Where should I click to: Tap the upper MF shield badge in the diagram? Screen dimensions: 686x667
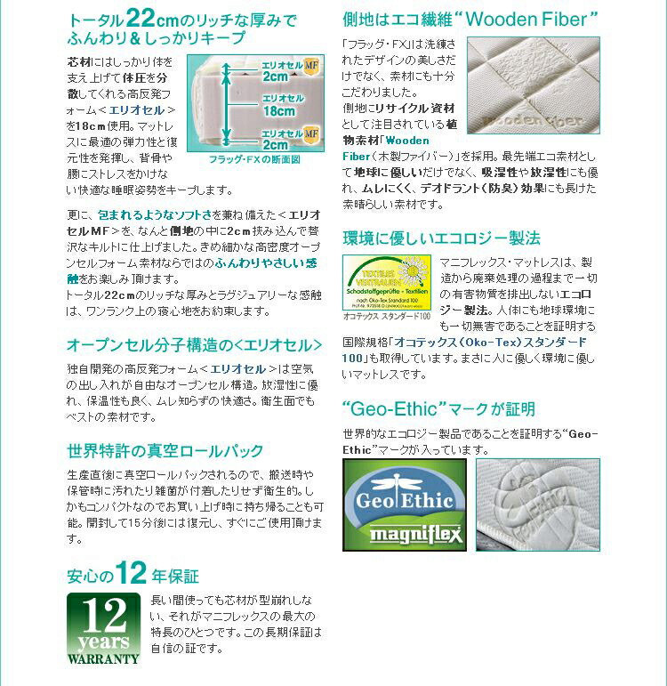(x=312, y=65)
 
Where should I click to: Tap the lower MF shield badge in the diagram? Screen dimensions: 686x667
(x=312, y=133)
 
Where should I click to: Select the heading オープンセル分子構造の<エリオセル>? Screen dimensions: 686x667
(x=195, y=344)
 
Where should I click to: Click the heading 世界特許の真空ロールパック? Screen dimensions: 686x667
(x=165, y=450)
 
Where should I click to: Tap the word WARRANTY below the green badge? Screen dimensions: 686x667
(x=103, y=658)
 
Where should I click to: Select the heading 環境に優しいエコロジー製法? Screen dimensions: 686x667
(x=441, y=238)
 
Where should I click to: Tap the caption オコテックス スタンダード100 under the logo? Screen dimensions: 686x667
(x=387, y=316)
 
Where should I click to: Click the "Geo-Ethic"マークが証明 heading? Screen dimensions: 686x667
(x=438, y=409)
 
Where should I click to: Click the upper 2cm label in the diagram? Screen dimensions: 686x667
(x=276, y=77)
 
